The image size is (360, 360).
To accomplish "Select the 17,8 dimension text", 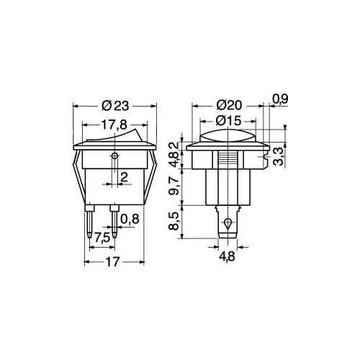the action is (114, 125).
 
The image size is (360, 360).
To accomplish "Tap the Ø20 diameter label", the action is (229, 105).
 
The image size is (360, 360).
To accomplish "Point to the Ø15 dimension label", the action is (228, 121).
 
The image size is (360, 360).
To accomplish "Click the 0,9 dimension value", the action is (280, 99).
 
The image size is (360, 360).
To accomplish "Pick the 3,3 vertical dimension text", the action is (279, 156).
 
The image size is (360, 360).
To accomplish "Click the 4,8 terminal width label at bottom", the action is (227, 256).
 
